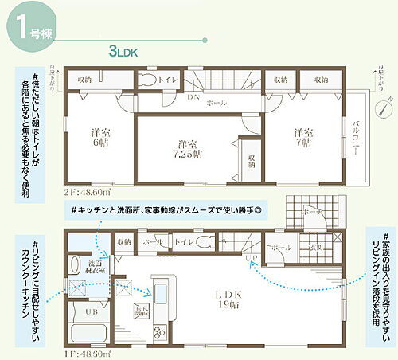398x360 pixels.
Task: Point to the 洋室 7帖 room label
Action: [x=300, y=138]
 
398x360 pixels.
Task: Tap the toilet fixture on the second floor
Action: [x=148, y=80]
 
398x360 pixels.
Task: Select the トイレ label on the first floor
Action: [x=182, y=240]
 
